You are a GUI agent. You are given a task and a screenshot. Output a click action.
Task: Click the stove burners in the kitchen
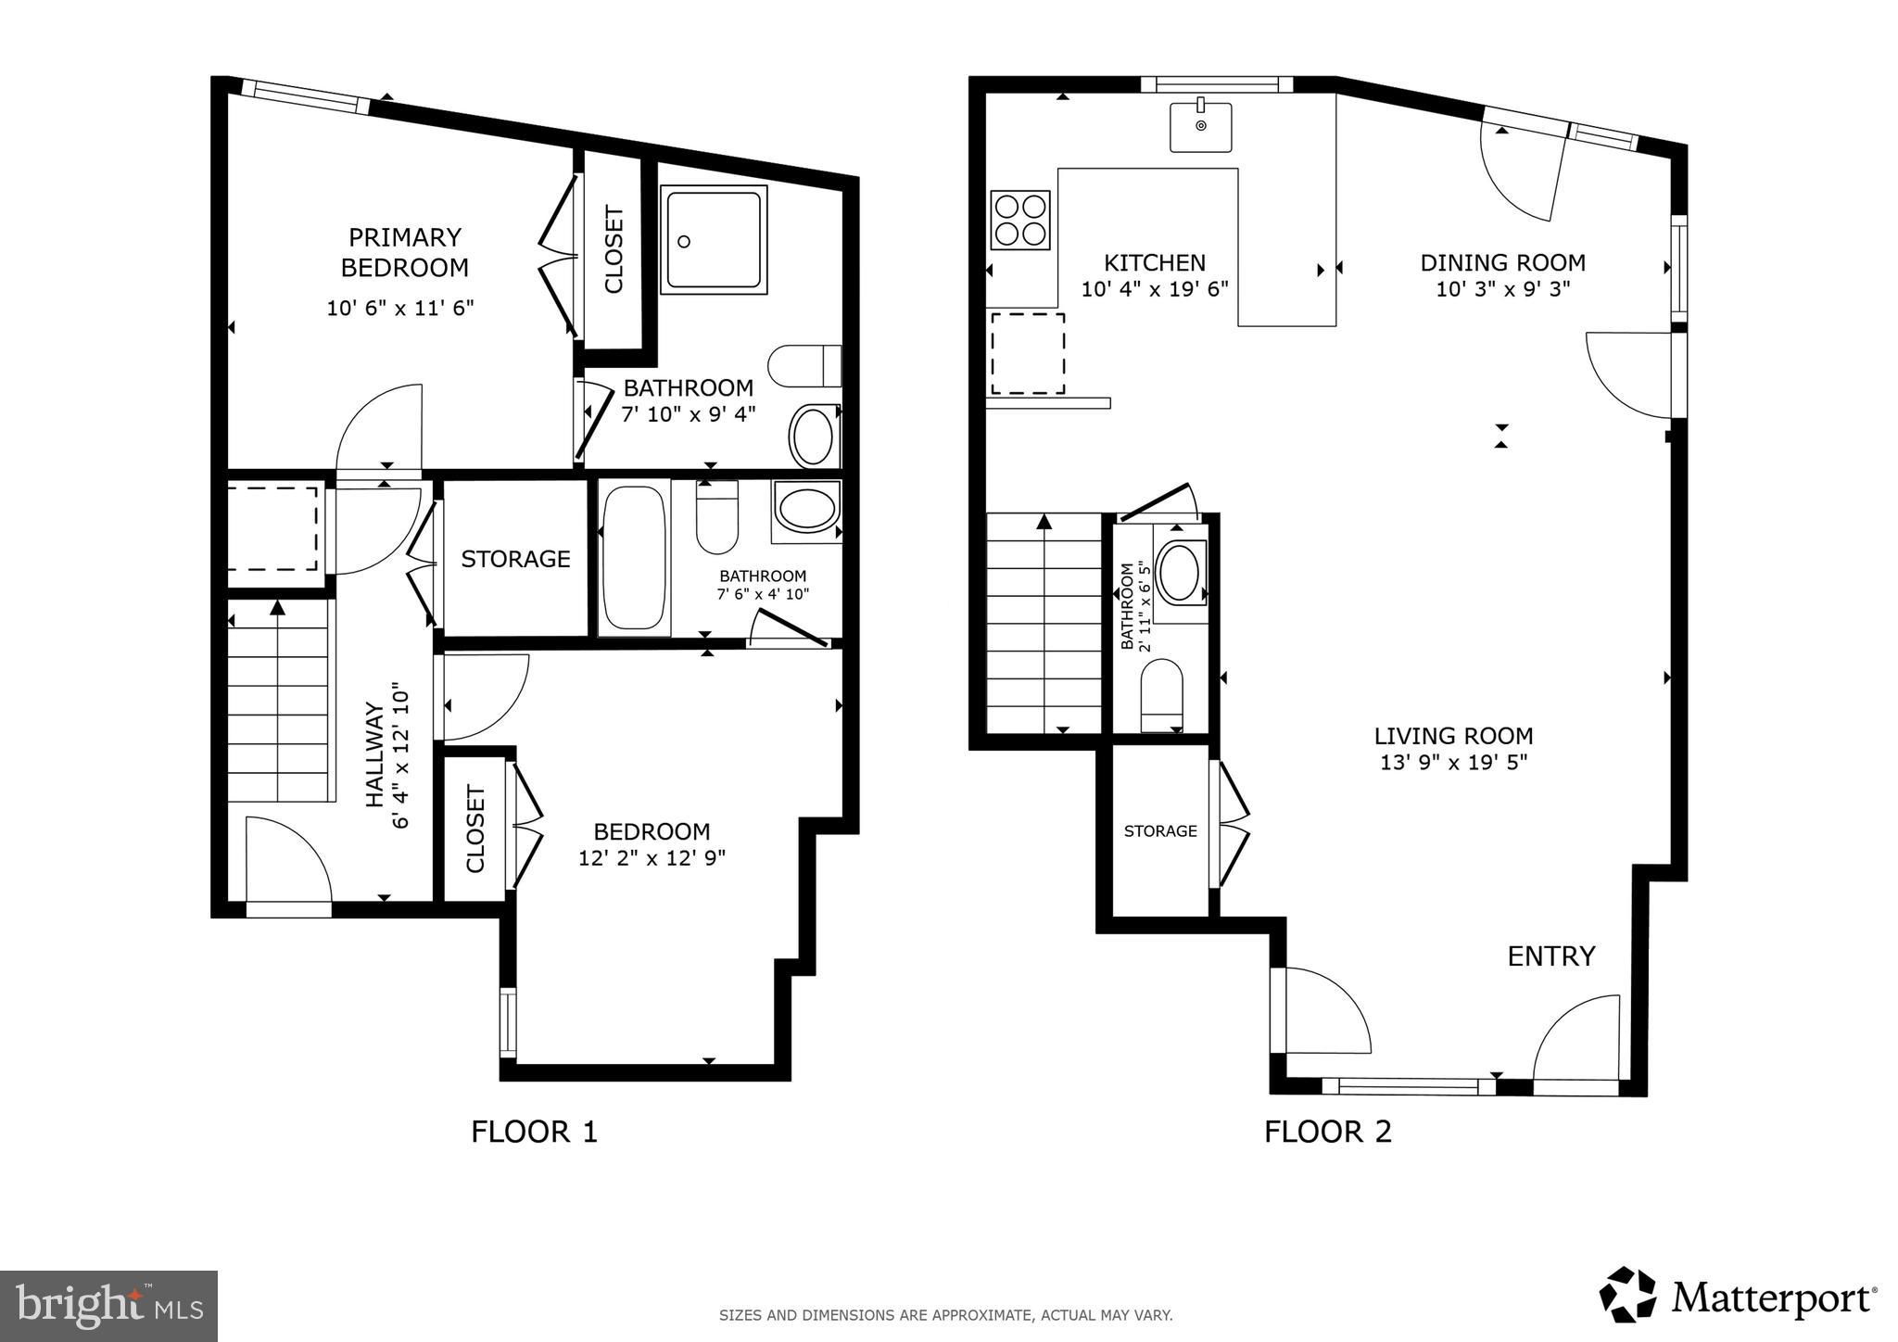tap(1019, 220)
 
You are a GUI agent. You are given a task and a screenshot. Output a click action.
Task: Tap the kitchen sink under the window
tap(1200, 127)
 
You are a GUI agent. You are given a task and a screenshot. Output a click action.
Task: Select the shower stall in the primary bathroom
tap(713, 239)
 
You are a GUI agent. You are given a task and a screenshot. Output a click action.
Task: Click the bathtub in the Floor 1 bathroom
tap(634, 558)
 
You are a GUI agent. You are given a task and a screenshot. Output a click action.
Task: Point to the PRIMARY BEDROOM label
tap(404, 252)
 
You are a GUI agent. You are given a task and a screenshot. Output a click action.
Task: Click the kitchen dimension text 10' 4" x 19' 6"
tap(1155, 289)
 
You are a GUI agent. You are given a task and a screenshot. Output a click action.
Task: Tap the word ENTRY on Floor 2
tap(1551, 956)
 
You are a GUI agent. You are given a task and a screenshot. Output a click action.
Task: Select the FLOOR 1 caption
tap(534, 1132)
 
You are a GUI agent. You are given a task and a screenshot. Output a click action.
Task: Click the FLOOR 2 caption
tap(1327, 1132)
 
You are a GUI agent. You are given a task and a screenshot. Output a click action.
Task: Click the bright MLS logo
tap(108, 1306)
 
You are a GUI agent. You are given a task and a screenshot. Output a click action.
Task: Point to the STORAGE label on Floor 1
tap(515, 559)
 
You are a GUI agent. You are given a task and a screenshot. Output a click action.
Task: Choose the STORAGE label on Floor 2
tap(1160, 831)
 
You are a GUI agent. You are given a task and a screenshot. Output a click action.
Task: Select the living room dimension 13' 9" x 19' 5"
tap(1452, 763)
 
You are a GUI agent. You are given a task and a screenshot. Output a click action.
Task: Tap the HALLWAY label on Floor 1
tap(374, 754)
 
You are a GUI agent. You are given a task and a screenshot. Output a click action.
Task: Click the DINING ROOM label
tap(1502, 263)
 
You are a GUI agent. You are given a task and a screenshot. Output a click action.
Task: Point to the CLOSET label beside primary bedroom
tap(614, 250)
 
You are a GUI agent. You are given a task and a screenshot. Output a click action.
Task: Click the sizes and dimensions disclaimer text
tap(945, 1314)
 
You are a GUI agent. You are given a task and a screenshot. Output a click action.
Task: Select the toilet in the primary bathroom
tap(803, 366)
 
